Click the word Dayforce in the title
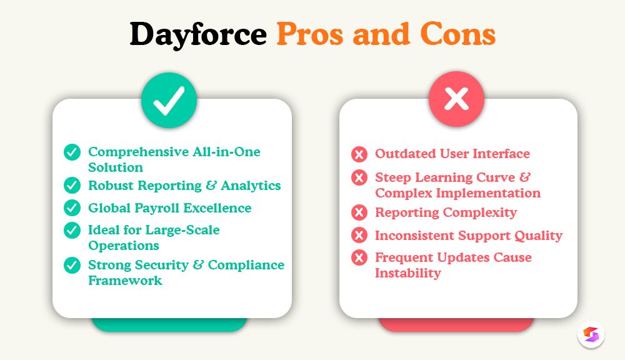pyautogui.click(x=198, y=34)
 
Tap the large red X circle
pyautogui.click(x=456, y=100)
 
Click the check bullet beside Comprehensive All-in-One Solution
pyautogui.click(x=72, y=152)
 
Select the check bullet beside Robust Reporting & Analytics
pyautogui.click(x=72, y=186)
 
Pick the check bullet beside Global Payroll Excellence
pyautogui.click(x=72, y=207)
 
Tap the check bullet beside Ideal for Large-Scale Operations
pyautogui.click(x=72, y=230)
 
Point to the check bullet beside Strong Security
pyautogui.click(x=72, y=265)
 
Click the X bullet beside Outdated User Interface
pyautogui.click(x=359, y=154)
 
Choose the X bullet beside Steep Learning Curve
pyautogui.click(x=359, y=178)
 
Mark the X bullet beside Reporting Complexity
pyautogui.click(x=359, y=213)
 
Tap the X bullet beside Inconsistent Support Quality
pyautogui.click(x=359, y=236)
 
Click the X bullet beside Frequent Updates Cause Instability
pyautogui.click(x=359, y=257)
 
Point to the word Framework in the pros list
pyautogui.click(x=125, y=281)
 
